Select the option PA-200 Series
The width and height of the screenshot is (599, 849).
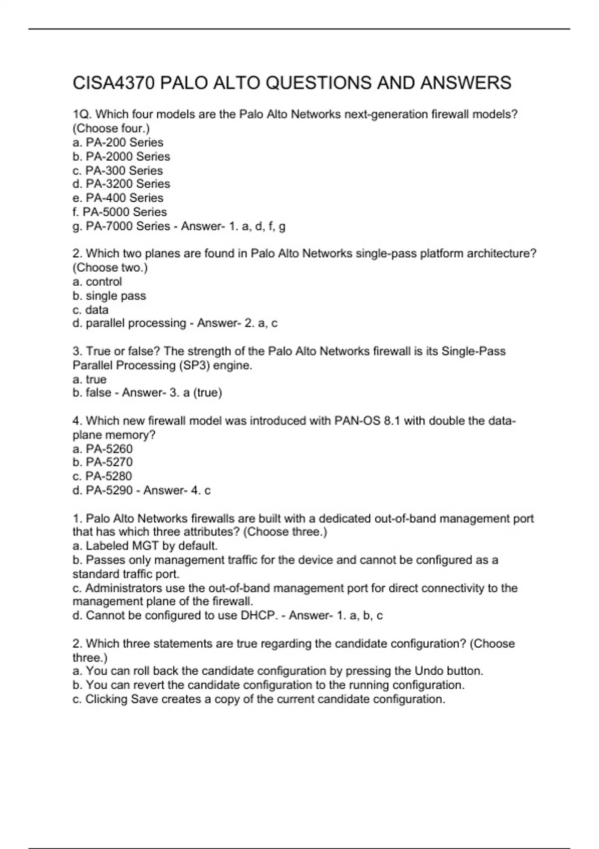tap(124, 142)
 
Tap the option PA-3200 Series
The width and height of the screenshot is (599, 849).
tap(128, 184)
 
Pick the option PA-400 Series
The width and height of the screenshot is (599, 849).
tap(124, 198)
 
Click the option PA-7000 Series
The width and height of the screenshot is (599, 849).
tap(128, 226)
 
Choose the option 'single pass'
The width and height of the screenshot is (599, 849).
tap(116, 296)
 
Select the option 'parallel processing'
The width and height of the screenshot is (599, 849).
tap(136, 323)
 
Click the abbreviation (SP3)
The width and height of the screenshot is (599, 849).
tap(193, 366)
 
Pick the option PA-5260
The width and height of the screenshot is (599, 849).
tap(109, 449)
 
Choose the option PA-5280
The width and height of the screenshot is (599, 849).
tap(109, 476)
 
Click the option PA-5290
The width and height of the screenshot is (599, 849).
tap(109, 490)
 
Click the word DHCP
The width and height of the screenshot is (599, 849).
tap(259, 616)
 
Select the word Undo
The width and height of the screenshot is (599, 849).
tap(429, 671)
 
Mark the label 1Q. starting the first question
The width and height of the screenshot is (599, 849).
tap(82, 114)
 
